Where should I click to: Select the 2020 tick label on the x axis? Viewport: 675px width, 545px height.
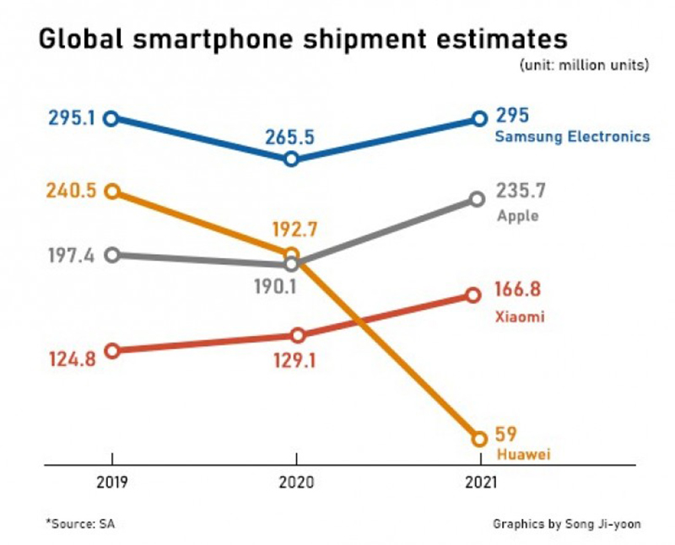tap(295, 482)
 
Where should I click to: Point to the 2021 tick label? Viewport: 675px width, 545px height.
tap(479, 482)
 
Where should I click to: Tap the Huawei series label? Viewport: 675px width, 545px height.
tap(523, 455)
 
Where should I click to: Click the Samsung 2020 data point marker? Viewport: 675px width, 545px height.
tap(291, 159)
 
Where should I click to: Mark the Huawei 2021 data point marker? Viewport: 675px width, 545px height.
tap(480, 439)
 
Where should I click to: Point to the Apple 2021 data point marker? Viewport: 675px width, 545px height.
tap(477, 199)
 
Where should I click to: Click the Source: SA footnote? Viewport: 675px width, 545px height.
tap(80, 524)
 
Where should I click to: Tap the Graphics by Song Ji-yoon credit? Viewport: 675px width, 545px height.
tap(567, 524)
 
